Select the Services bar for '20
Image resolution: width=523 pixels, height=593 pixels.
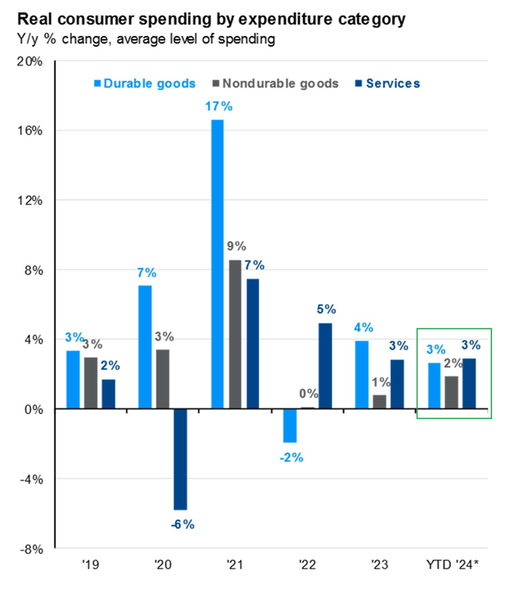point(181,459)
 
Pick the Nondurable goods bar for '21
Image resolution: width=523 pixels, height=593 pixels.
point(235,334)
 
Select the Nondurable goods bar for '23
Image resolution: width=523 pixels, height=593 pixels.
point(378,402)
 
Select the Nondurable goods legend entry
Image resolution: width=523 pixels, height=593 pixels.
point(274,83)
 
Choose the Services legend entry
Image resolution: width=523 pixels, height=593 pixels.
point(387,83)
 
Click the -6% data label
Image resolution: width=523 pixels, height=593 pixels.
point(181,524)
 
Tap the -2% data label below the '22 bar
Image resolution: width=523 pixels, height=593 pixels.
point(289,457)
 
